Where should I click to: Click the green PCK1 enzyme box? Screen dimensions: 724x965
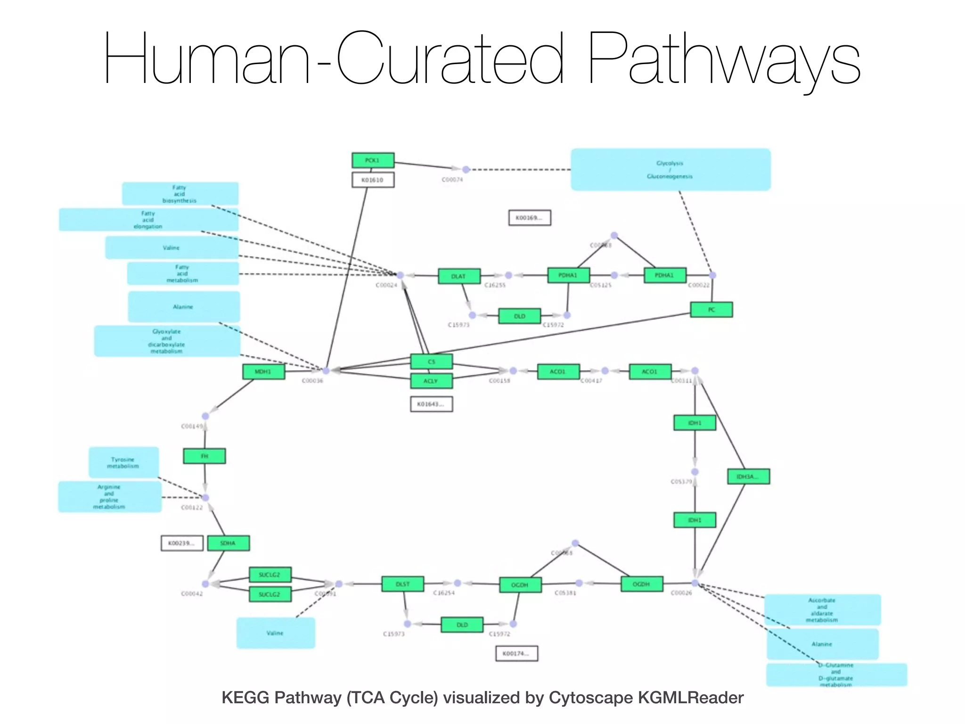pyautogui.click(x=373, y=160)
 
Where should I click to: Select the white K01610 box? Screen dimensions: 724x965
pyautogui.click(x=373, y=180)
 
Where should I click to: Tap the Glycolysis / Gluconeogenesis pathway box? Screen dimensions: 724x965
pyautogui.click(x=670, y=170)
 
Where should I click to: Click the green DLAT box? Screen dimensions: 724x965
pyautogui.click(x=459, y=276)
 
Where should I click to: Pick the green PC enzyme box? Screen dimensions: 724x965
pyautogui.click(x=711, y=310)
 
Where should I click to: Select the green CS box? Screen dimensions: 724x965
pyautogui.click(x=431, y=362)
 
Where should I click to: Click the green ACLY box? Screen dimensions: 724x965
pyautogui.click(x=431, y=381)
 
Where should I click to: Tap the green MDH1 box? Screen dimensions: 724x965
pyautogui.click(x=263, y=371)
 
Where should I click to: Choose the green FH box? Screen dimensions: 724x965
pyautogui.click(x=204, y=456)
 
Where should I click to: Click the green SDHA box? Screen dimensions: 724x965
pyautogui.click(x=228, y=543)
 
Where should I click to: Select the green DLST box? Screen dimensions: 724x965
pyautogui.click(x=402, y=584)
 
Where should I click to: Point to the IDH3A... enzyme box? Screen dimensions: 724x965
pyautogui.click(x=748, y=477)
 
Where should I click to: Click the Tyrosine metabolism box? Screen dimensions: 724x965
pyautogui.click(x=123, y=462)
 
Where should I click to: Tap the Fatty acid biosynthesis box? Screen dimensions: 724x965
pyautogui.click(x=180, y=194)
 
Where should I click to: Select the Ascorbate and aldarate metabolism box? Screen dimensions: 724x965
pyautogui.click(x=822, y=610)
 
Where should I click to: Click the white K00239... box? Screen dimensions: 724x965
pyautogui.click(x=182, y=543)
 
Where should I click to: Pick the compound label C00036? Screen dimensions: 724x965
pyautogui.click(x=312, y=381)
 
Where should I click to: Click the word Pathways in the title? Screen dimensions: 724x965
pyautogui.click(x=723, y=59)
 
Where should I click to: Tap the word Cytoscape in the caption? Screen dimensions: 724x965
pyautogui.click(x=590, y=698)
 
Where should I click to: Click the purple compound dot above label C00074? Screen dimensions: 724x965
pyautogui.click(x=466, y=170)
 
